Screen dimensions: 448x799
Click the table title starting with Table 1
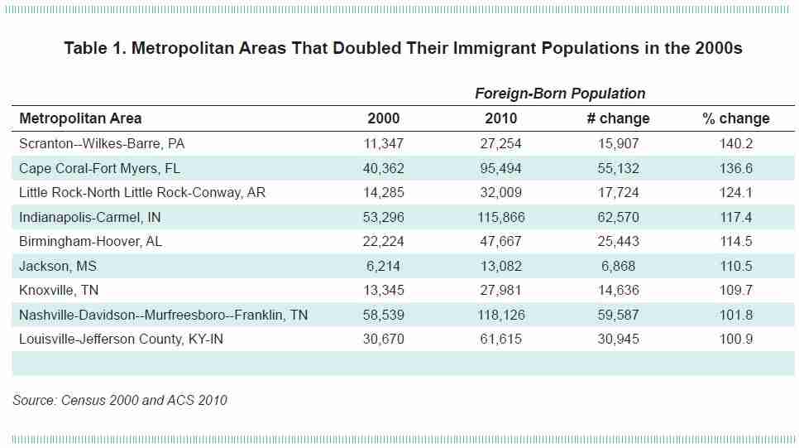403,48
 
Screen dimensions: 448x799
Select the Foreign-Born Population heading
559,94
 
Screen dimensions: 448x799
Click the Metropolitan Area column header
80,118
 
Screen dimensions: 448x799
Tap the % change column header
735,118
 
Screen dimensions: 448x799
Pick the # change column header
618,118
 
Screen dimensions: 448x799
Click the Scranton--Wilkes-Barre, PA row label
102,143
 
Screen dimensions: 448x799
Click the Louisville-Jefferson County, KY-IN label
121,339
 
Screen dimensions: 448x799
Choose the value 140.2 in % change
735,143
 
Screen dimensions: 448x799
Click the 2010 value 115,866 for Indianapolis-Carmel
501,217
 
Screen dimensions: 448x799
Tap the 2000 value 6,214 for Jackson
383,266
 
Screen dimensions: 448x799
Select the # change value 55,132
618,168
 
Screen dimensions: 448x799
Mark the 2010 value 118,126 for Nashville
501,315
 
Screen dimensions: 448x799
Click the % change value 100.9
735,339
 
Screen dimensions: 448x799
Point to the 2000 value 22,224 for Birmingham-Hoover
383,241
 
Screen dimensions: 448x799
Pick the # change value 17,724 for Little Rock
618,192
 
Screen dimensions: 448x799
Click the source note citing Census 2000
120,400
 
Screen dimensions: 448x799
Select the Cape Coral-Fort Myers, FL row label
99,168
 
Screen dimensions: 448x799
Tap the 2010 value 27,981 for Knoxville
501,290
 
